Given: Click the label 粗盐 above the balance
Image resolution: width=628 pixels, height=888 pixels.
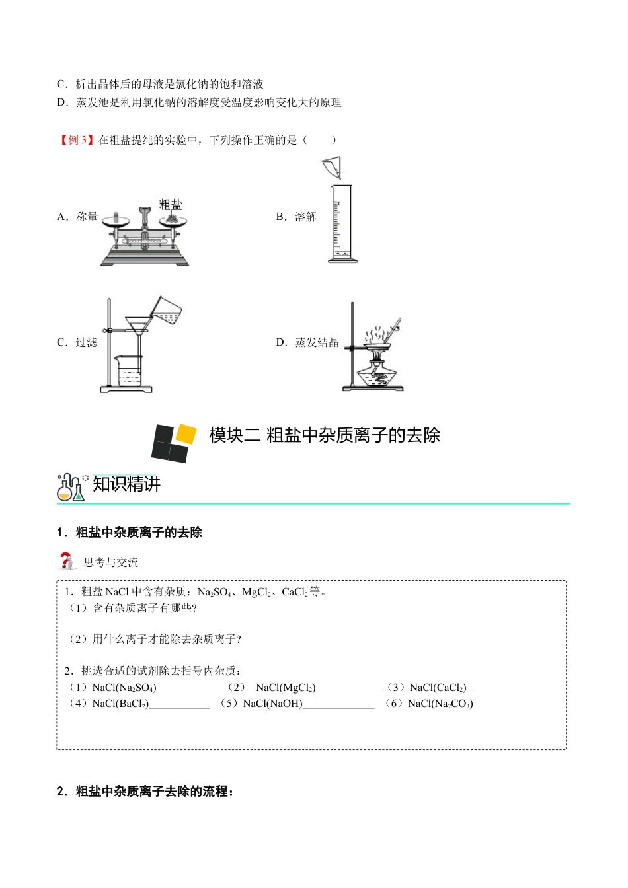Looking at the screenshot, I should [171, 204].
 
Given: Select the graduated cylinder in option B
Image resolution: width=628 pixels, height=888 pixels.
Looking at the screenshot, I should [342, 225].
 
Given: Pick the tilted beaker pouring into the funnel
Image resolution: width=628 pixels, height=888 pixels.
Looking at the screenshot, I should [166, 309].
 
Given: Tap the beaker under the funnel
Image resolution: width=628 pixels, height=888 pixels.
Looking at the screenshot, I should [129, 371].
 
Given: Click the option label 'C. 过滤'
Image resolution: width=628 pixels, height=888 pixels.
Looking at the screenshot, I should [77, 342].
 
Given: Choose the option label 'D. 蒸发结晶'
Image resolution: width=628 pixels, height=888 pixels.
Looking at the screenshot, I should [307, 342].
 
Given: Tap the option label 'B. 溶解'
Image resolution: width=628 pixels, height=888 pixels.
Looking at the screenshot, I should [296, 217].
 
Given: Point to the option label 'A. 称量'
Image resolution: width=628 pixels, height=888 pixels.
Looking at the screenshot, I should [77, 217].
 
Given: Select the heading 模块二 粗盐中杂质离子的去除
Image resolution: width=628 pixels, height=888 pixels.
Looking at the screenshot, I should [324, 435].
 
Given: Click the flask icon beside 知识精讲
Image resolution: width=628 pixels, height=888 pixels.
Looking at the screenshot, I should [71, 488].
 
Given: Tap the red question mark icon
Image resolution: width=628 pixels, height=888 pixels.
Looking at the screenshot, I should [65, 562].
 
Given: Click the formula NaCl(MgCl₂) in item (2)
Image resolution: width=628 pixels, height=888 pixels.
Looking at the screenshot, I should [286, 688].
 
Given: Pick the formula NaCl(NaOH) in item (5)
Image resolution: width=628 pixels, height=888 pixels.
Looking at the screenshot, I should [272, 704].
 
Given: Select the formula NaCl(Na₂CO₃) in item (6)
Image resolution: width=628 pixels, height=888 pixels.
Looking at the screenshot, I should [440, 704].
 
